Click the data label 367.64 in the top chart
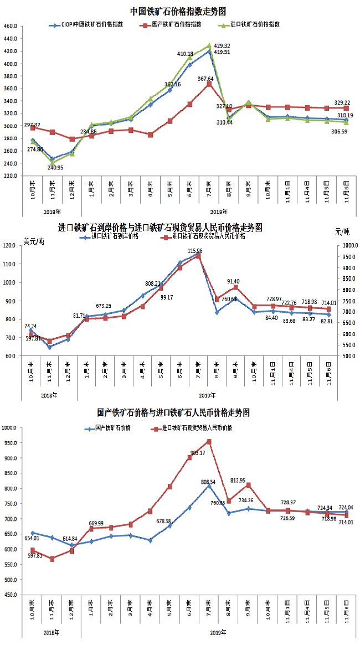[x=206, y=79]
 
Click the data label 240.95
[x=56, y=167]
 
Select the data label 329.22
[x=342, y=102]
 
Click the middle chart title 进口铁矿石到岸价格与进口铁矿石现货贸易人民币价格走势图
[x=161, y=228]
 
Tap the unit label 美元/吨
[x=34, y=241]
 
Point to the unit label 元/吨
[x=343, y=231]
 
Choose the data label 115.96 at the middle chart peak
[x=195, y=251]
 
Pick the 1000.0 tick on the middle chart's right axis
[x=350, y=246]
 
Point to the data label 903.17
[x=198, y=453]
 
